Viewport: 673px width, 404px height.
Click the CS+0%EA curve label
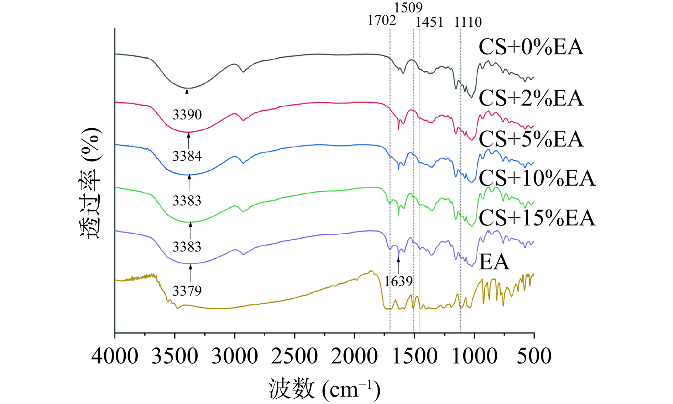531,47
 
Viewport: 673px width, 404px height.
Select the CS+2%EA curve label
531,98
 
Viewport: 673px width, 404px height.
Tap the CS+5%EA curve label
531,139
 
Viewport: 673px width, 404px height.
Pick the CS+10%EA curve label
537,178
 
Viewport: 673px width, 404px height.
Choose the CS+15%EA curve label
537,218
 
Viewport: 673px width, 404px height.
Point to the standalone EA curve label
494,262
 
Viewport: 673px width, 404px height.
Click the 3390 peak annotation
187,115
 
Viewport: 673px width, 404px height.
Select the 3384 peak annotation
187,156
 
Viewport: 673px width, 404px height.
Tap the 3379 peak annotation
187,291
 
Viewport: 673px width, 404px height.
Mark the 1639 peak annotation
398,281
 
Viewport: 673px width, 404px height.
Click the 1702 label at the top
381,21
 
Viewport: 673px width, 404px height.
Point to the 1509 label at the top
408,7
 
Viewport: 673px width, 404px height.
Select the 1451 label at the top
429,22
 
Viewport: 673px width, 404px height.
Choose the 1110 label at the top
468,22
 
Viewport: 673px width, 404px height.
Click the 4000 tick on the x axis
115,356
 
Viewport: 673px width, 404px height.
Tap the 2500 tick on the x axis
294,356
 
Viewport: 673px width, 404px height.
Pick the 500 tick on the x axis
534,356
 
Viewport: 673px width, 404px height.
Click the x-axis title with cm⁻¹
324,389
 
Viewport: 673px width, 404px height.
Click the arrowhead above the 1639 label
398,259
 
